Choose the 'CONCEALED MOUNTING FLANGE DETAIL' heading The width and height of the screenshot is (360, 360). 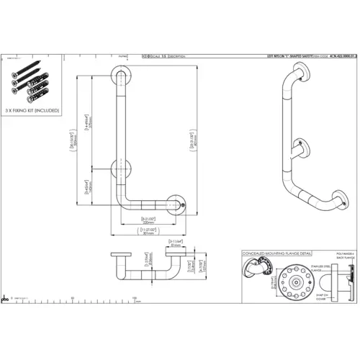coord(277,254)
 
